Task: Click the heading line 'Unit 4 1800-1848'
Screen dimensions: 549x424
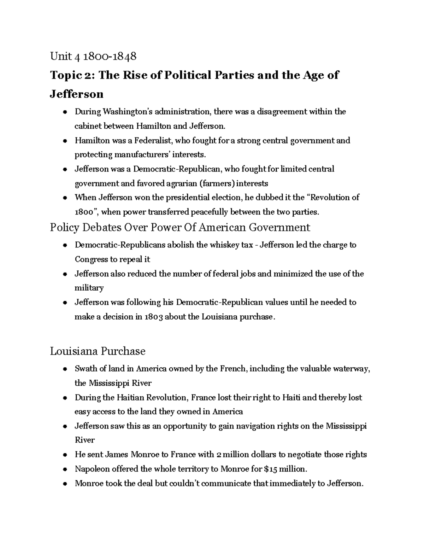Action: pos(93,56)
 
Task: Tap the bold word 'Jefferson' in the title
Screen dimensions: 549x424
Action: pos(77,94)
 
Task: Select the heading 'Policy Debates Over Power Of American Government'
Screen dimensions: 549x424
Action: pos(180,227)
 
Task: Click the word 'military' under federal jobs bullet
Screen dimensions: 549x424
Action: pos(89,288)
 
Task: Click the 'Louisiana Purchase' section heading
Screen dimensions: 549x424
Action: pos(98,351)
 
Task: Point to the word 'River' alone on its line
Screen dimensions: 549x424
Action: pos(85,440)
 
